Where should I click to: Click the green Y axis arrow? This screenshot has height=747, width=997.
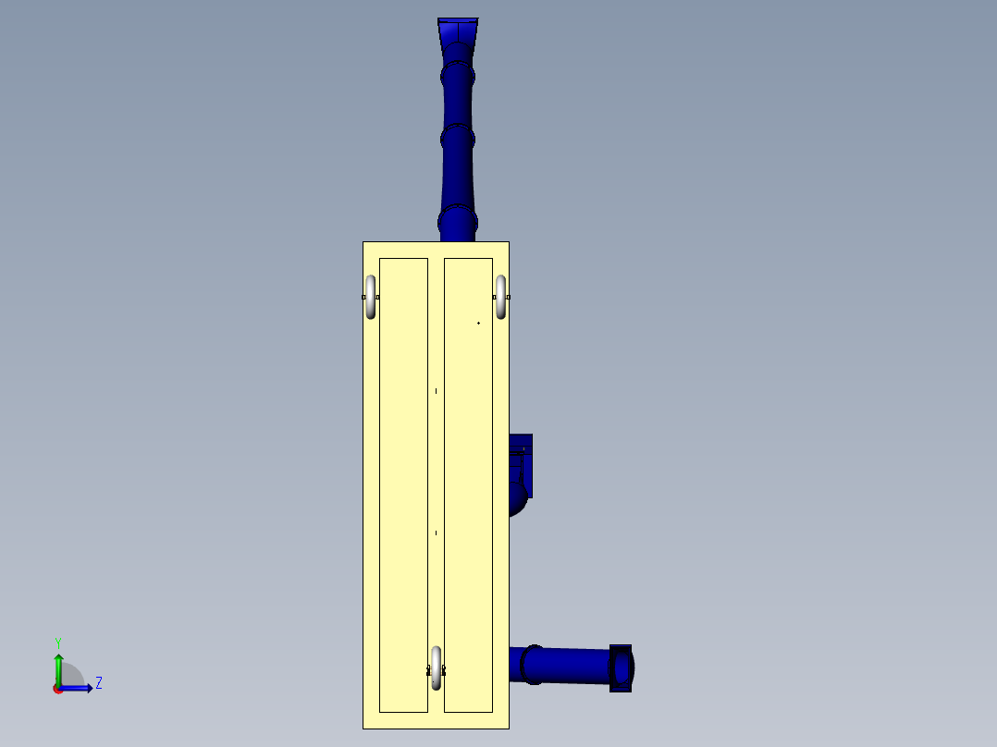click(58, 664)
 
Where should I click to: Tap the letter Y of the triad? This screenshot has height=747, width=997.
click(57, 642)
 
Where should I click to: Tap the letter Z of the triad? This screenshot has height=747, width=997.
click(98, 683)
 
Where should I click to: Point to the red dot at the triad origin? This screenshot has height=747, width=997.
click(57, 689)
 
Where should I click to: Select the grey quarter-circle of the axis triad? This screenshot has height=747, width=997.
click(72, 676)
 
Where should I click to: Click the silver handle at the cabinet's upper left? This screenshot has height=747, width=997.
click(371, 297)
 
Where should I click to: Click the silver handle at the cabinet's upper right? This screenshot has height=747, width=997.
click(501, 297)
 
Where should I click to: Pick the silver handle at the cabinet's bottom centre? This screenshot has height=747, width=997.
click(437, 667)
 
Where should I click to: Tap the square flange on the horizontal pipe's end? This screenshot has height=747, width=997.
click(621, 667)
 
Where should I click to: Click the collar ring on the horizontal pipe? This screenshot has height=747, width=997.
click(532, 665)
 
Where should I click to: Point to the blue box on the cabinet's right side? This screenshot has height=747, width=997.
click(523, 462)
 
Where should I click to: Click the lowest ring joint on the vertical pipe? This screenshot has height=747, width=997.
click(458, 223)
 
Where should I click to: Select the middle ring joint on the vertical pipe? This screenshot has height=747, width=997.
click(458, 140)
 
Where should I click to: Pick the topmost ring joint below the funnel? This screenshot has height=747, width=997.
click(458, 74)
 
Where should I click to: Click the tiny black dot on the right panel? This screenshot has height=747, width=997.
click(478, 323)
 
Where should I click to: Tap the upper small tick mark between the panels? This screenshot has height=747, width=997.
click(436, 391)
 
